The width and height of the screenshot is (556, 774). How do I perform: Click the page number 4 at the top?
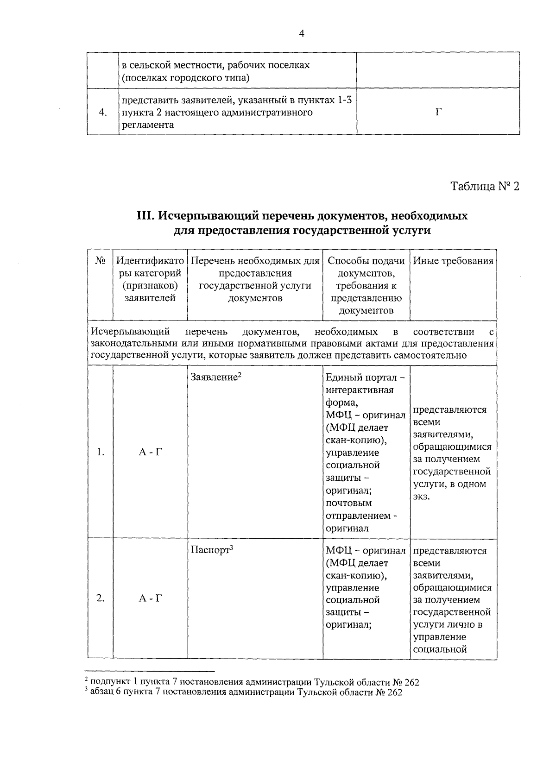click(x=302, y=34)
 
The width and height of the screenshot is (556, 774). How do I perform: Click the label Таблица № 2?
click(x=485, y=187)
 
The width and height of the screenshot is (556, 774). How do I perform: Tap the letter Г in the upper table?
click(x=438, y=112)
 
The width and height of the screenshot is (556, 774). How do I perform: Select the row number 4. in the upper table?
click(x=103, y=112)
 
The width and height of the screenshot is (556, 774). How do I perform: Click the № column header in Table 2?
click(x=100, y=261)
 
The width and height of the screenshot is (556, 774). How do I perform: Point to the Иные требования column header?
click(x=453, y=261)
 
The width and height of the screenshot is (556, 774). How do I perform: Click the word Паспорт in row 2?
click(x=210, y=551)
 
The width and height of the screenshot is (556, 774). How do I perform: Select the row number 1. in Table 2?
click(x=101, y=453)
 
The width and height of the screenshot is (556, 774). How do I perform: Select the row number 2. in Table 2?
click(x=101, y=598)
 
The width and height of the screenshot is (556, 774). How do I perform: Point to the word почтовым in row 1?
click(x=348, y=503)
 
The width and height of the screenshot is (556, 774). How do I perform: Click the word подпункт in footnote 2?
click(x=107, y=682)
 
